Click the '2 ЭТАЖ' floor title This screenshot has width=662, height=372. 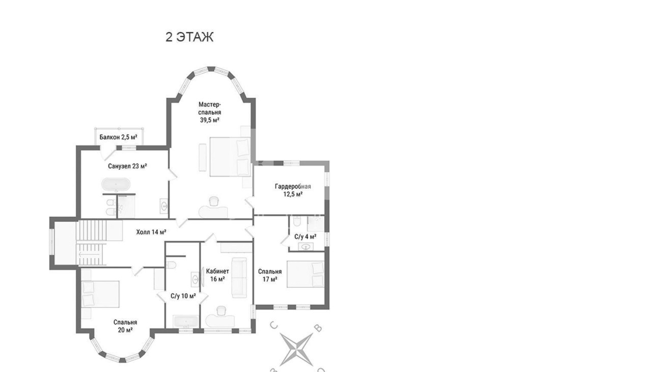(189, 37)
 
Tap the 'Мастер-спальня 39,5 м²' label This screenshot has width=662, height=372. (209, 112)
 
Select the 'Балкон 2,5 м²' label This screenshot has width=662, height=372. (118, 137)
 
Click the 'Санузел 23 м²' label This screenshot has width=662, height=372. (127, 166)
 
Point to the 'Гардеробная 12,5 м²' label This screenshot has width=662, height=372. (293, 190)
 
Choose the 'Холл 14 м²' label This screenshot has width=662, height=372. (151, 232)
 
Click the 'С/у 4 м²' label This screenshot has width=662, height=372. (306, 237)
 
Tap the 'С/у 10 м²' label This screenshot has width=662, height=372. (183, 296)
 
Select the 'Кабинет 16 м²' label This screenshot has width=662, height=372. (217, 275)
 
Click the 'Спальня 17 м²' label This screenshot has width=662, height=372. (270, 275)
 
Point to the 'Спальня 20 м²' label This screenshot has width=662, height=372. (125, 326)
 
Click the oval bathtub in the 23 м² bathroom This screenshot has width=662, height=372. (116, 185)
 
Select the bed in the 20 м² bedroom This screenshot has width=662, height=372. (100, 294)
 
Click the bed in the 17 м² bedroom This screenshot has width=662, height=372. (306, 274)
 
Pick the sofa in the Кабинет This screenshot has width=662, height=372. (239, 277)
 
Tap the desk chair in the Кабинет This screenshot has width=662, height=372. (222, 311)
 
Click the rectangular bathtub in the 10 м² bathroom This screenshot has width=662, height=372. (185, 322)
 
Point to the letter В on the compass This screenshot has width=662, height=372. (318, 328)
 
